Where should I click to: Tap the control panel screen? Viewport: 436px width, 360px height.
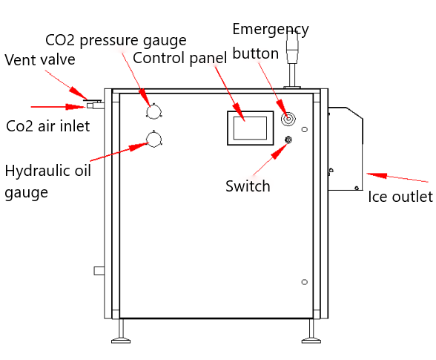[251, 128]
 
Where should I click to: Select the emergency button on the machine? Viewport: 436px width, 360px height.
[288, 119]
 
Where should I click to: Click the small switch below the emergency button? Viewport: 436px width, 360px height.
[288, 140]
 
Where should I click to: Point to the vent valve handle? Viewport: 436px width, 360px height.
[93, 100]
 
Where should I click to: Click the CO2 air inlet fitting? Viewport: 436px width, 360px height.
[95, 105]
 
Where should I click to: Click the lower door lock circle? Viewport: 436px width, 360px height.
[305, 282]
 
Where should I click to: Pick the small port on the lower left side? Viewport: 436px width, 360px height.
[99, 271]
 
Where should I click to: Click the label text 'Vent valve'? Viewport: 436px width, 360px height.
[40, 59]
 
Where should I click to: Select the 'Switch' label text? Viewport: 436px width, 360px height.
[248, 186]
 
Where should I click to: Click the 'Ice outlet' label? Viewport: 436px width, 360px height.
[400, 197]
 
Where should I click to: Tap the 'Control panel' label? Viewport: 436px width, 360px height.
[180, 58]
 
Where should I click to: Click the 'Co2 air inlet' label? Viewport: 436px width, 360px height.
[47, 126]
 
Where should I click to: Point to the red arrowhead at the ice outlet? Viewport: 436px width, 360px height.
[377, 175]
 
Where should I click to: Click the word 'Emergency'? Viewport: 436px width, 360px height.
[271, 30]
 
